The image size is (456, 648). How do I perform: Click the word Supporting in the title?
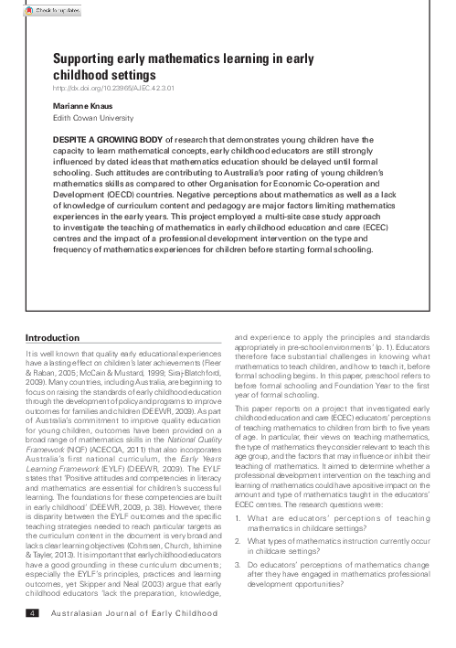click(90, 58)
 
